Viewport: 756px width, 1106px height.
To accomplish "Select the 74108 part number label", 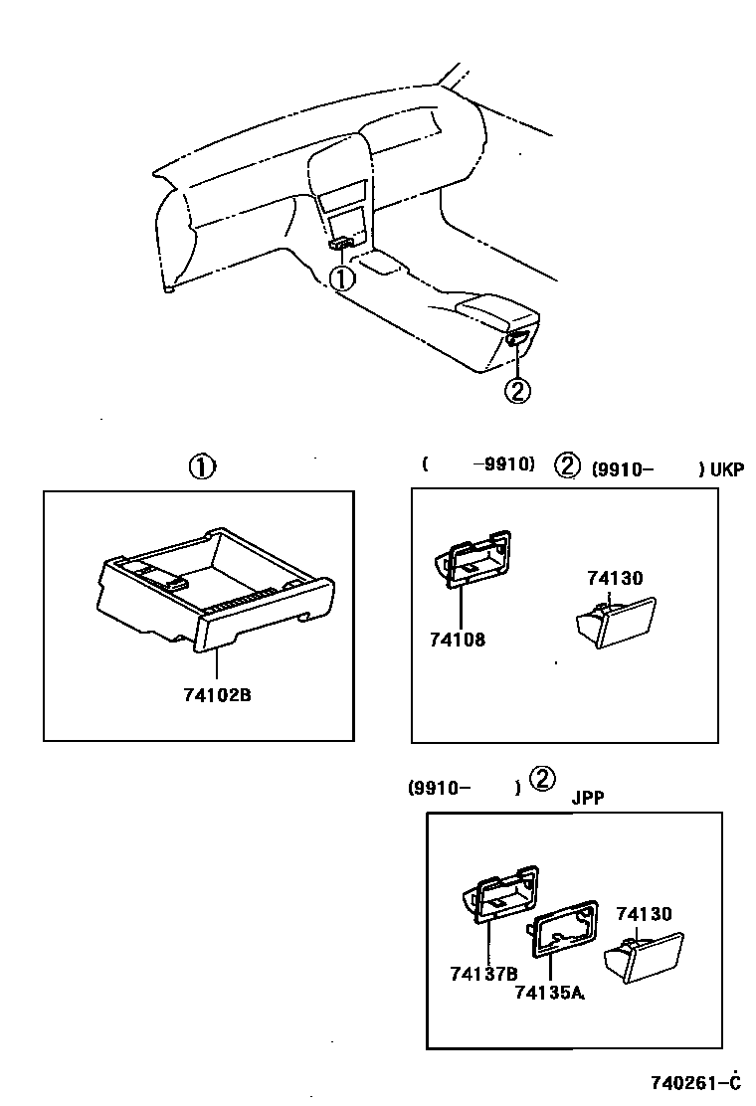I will pos(458,640).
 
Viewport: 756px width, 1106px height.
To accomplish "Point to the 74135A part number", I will pos(550,991).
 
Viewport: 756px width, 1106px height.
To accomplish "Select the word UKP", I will pos(726,470).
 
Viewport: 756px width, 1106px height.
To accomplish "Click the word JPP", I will pos(588,797).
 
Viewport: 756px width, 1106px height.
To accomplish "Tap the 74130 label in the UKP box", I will pos(615,578).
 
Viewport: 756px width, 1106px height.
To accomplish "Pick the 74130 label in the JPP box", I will pos(644,914).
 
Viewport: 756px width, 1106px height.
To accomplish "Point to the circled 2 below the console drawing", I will pos(517,391).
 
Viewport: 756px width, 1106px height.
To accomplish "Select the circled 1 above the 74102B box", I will pos(202,466).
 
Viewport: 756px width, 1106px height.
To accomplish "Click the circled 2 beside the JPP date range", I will pos(542,779).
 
